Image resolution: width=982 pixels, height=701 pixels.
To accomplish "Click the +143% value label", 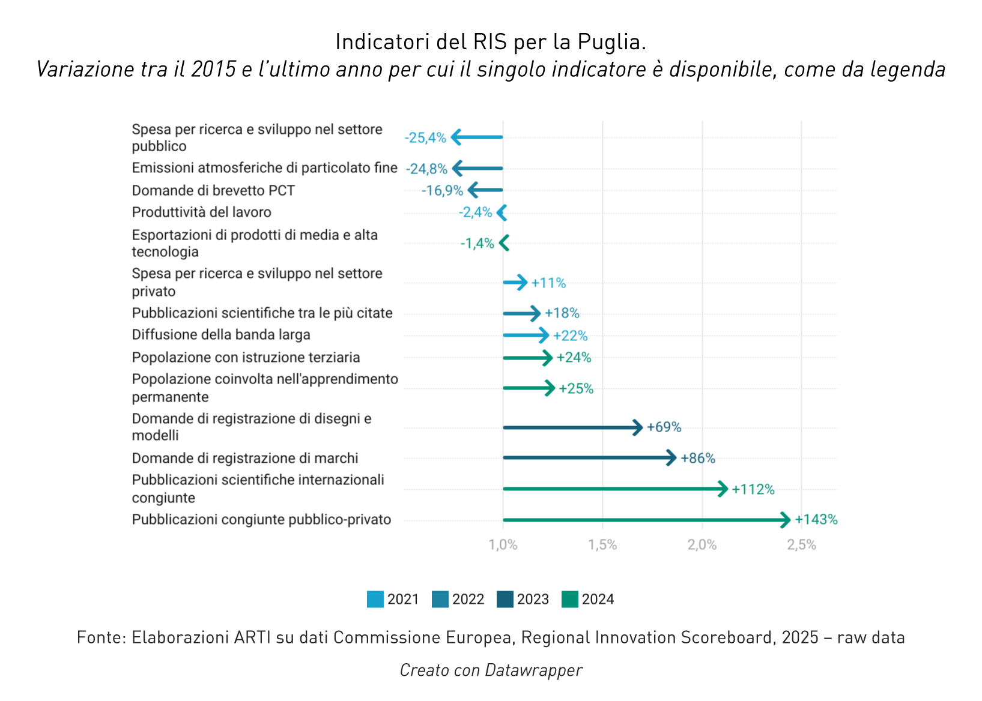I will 816,520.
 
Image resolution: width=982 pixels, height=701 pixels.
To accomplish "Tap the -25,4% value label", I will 425,138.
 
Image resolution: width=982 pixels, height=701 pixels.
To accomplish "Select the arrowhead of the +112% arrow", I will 724,489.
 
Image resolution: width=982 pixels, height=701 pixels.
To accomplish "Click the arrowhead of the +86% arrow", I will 672,458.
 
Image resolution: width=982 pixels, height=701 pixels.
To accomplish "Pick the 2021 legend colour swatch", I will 375,600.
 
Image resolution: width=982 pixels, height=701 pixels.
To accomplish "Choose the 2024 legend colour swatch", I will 569,600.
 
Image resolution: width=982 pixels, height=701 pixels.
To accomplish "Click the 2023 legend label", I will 533,600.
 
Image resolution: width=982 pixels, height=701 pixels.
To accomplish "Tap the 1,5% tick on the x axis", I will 602,545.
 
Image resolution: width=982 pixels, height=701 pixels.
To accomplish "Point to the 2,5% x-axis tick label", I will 801,545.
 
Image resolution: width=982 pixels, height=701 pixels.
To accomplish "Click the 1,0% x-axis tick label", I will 503,545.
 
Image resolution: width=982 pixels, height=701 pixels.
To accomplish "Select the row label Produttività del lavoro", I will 201,212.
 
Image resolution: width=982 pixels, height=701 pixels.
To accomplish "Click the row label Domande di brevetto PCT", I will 213,191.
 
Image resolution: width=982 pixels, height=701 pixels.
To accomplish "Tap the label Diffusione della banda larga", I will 221,335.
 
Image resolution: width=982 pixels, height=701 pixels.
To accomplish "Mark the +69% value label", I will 664,427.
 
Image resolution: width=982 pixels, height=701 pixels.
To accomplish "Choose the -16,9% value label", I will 442,191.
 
